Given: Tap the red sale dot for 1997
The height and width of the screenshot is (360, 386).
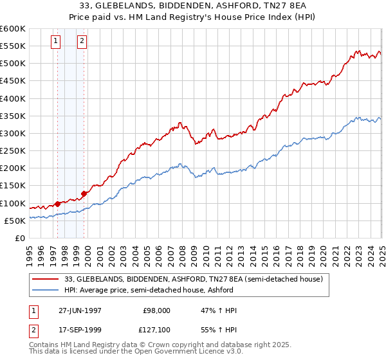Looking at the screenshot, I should pos(58,204).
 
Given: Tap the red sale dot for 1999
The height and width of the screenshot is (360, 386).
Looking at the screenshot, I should pos(84,194).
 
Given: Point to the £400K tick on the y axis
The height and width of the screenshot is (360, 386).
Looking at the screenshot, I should pos(13,98).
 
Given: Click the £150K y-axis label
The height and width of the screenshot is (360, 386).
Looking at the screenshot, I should pos(13,186).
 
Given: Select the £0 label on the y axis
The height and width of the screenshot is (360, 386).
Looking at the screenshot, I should pos(20,239).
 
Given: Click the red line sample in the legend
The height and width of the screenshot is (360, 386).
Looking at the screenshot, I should pos(46,279).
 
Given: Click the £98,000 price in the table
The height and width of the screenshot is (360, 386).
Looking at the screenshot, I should pos(156,310).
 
